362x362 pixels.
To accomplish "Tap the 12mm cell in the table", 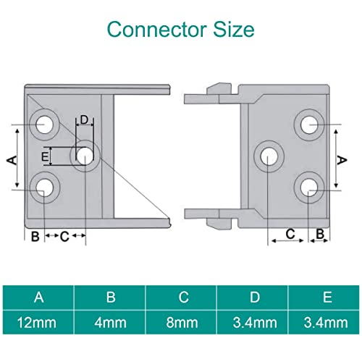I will [x=38, y=321].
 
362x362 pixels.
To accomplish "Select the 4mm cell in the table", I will [x=110, y=321].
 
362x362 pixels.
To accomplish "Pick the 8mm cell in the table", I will [x=182, y=321].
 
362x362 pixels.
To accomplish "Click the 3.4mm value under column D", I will [x=254, y=321].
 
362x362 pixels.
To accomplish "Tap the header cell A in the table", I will [x=38, y=297].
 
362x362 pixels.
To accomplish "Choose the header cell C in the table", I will [x=182, y=297].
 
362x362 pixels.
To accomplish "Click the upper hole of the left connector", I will [x=44, y=122].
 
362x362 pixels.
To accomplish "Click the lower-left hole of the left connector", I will [x=44, y=188].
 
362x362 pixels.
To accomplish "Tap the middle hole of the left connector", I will [x=85, y=155].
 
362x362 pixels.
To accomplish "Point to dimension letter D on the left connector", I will [x=84, y=120].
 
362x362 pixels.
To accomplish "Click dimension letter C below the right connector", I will [x=290, y=234].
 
